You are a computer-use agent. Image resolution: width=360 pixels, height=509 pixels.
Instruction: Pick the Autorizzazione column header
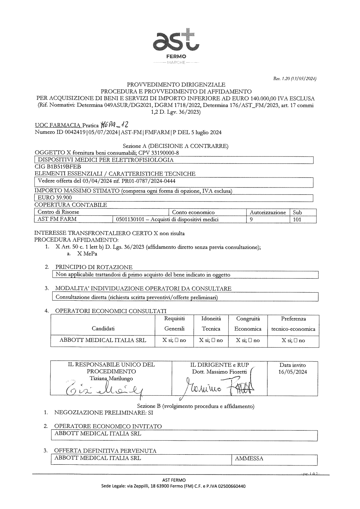(x=268, y=212)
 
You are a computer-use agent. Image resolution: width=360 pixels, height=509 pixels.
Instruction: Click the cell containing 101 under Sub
(x=297, y=219)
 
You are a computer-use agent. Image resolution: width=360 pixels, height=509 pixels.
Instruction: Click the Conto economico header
(x=193, y=212)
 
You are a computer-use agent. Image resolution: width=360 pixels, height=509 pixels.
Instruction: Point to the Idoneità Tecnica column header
(x=211, y=324)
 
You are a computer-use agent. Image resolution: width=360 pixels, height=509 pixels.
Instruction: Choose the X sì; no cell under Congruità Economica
(x=248, y=340)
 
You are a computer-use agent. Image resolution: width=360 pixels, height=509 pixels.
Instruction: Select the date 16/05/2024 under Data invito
(x=293, y=372)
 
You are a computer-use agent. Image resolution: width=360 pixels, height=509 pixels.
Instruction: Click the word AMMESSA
(x=249, y=459)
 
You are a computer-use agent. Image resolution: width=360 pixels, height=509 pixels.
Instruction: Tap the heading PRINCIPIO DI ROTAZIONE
(x=94, y=267)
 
